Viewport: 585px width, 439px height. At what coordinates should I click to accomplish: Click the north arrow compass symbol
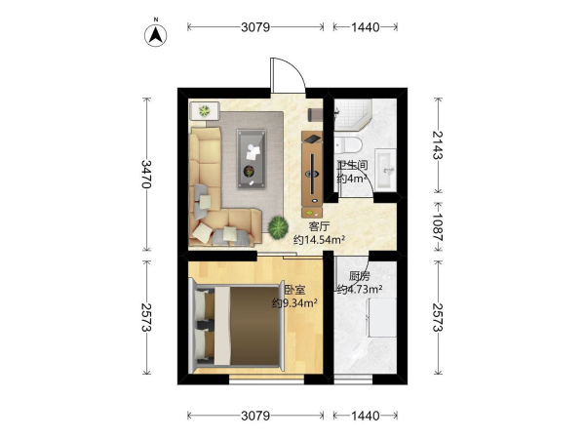tap(156, 35)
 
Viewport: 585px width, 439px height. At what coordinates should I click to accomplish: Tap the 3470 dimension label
tap(146, 175)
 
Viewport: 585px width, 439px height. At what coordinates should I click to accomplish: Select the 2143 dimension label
tap(438, 144)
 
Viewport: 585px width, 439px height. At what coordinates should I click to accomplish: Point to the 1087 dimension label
tap(438, 227)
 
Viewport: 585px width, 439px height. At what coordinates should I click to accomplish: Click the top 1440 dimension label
tap(366, 27)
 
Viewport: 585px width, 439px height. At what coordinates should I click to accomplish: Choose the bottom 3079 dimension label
tap(255, 416)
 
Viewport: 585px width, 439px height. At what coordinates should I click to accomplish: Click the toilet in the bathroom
tap(348, 144)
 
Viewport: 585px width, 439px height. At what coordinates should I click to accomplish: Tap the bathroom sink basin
tap(386, 170)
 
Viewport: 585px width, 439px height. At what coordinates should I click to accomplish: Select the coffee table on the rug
tap(252, 159)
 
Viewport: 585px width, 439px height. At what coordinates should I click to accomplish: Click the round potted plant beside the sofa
tap(278, 227)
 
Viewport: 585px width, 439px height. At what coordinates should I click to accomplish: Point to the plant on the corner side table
tap(204, 111)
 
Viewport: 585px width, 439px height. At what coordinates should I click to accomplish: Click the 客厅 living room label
tap(320, 226)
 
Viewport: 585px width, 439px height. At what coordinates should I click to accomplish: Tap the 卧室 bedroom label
tap(294, 290)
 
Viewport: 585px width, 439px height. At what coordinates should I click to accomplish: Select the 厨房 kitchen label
tap(359, 276)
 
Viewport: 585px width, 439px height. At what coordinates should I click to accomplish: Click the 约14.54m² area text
tap(319, 240)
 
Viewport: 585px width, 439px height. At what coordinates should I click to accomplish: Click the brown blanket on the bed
tap(254, 325)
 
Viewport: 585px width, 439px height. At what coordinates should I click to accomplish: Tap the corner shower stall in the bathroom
tap(353, 114)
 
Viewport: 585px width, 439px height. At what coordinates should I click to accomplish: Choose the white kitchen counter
tap(382, 318)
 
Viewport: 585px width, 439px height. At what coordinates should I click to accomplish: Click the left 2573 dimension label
tap(146, 317)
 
